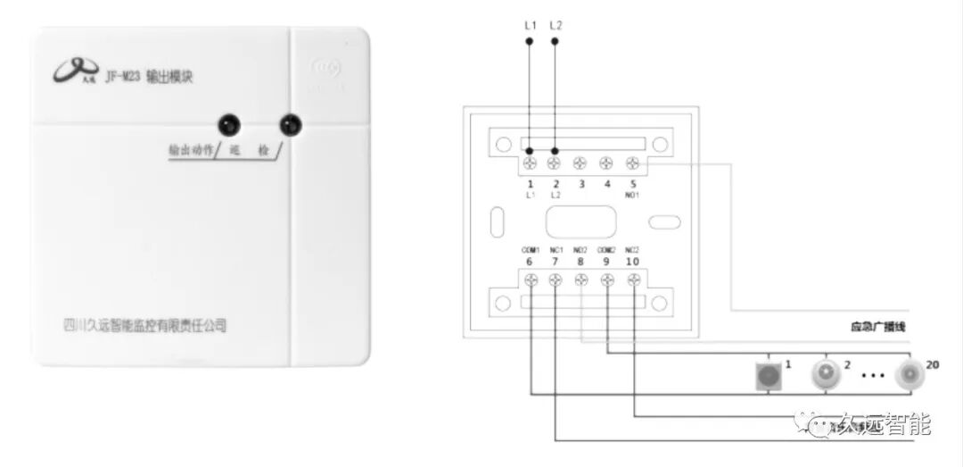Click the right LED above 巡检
pos(289,125)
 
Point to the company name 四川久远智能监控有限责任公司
pos(146,325)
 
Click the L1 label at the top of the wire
pos(530,25)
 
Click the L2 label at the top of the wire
pos(556,25)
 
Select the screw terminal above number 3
pos(580,163)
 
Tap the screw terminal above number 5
pos(632,163)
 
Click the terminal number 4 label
pos(606,183)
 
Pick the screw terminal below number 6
pos(531,280)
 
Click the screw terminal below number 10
pos(634,280)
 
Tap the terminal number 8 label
pos(581,261)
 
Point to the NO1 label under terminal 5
pos(631,194)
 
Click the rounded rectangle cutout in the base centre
pos(581,221)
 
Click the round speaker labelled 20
pos(910,374)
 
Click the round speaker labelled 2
pos(827,375)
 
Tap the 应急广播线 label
pos(878,328)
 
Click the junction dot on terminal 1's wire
pos(530,151)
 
